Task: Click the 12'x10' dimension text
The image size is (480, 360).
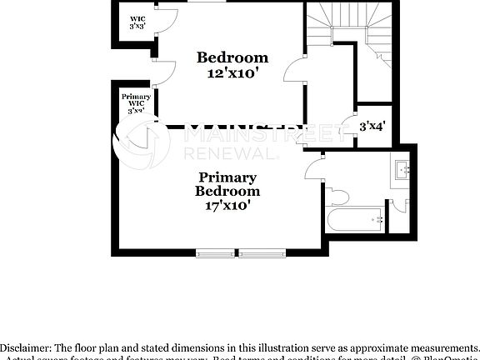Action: (232, 73)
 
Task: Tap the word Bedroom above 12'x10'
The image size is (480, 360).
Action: (232, 57)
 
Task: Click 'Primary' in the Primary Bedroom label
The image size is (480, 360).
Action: (227, 177)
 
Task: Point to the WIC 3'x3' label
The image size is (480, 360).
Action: (137, 22)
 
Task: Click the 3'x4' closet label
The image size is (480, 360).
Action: (371, 127)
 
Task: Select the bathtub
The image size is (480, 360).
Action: (355, 221)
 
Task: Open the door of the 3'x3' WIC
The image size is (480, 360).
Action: (167, 21)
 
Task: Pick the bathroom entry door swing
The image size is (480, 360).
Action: (313, 169)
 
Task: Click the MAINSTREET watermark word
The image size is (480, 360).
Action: (262, 134)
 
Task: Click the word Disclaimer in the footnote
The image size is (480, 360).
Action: (26, 347)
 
